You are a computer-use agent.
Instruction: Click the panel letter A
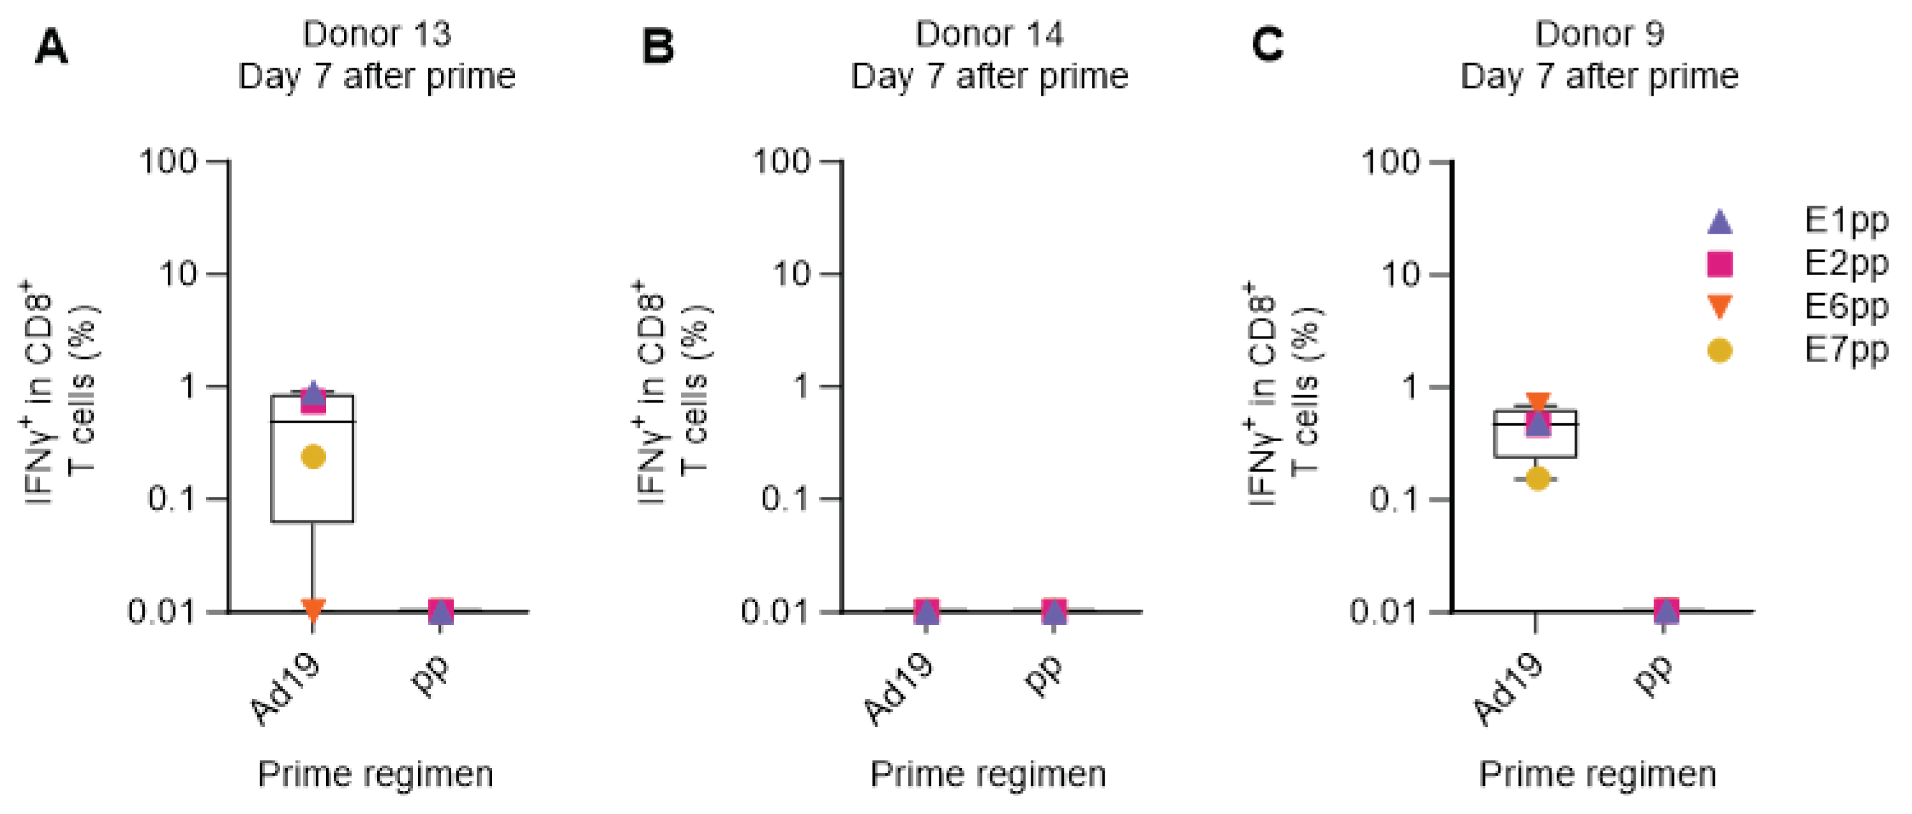tap(51, 47)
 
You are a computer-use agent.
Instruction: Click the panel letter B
tap(657, 47)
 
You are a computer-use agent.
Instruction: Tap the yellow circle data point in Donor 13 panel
tap(313, 456)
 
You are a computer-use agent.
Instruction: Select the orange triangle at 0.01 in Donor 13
tap(313, 610)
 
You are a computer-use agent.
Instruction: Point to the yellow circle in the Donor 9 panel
tap(1538, 478)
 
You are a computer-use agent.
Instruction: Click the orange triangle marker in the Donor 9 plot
tap(1538, 403)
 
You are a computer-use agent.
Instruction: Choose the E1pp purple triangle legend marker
tap(1719, 222)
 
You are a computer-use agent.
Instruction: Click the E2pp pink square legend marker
tap(1719, 264)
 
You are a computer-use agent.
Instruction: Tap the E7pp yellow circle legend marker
tap(1719, 350)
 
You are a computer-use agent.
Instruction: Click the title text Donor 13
tap(377, 34)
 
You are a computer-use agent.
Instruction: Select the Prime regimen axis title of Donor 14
tap(988, 774)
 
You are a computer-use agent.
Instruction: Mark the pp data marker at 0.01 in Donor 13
tap(441, 610)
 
